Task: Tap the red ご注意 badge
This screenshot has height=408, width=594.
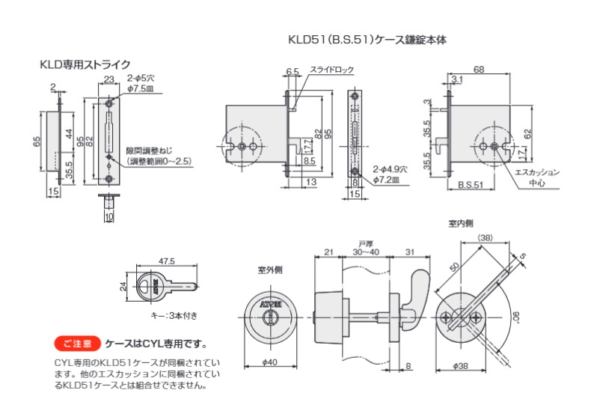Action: coord(77,344)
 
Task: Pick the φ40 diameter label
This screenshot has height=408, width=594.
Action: coord(269,362)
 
